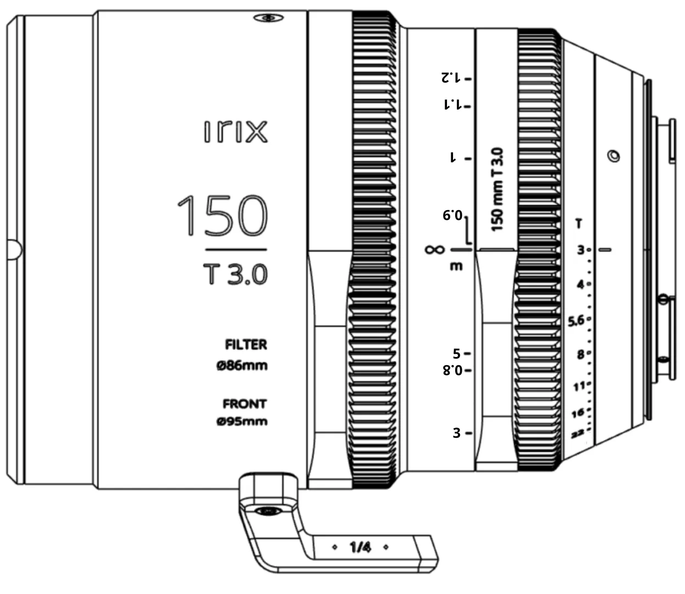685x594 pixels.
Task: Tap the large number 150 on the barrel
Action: pos(223,215)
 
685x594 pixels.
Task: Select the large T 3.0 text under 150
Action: pos(235,273)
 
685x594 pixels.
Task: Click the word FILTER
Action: pos(246,345)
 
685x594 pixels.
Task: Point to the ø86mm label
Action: pos(242,365)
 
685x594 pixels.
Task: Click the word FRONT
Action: pos(245,404)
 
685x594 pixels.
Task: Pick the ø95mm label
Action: pos(242,422)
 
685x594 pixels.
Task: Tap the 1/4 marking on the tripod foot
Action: pos(360,547)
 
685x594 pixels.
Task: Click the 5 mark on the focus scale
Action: pos(456,354)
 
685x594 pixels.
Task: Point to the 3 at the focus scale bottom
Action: pos(456,433)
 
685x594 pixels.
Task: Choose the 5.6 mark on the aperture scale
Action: pos(576,321)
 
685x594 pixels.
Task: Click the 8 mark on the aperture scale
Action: pos(581,355)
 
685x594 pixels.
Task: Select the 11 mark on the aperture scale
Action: pos(579,387)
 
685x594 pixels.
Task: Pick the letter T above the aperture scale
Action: pos(579,224)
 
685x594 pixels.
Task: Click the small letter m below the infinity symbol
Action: pos(456,267)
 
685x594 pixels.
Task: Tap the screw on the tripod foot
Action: pos(268,512)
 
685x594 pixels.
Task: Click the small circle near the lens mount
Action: pos(612,156)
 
